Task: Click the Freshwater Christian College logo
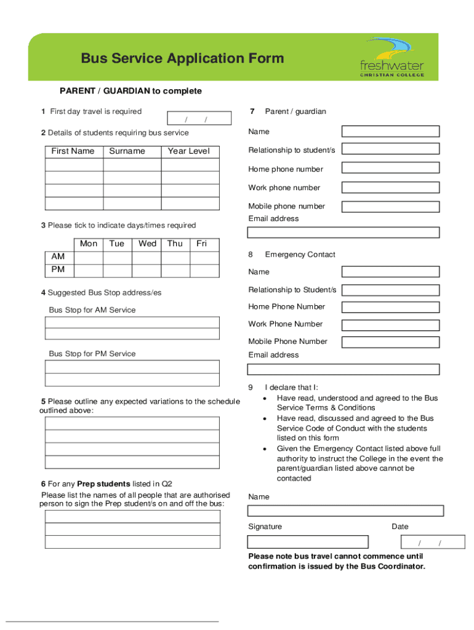coord(392,57)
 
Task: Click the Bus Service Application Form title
coord(182,58)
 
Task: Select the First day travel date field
coord(199,119)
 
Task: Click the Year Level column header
coord(189,151)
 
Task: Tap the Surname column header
coord(127,151)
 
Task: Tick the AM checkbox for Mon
coord(88,257)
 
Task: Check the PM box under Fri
coord(203,270)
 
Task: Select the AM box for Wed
coord(147,257)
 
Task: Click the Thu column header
coord(175,244)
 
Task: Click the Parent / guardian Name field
coord(390,131)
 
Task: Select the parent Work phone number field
coord(390,188)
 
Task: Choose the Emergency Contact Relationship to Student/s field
coord(390,290)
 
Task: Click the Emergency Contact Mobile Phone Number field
coord(390,342)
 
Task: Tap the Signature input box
coord(308,542)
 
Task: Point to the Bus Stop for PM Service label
coord(92,354)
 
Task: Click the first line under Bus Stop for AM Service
coord(132,322)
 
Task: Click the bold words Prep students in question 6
coord(103,484)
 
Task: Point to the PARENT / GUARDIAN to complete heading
coord(131,91)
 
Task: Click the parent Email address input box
coord(343,233)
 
